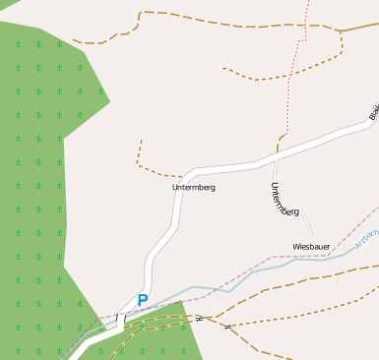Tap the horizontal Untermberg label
193,187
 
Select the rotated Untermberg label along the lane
284,201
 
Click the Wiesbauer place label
311,246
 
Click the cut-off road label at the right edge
374,112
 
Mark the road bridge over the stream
121,320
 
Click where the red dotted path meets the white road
279,150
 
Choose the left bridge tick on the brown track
200,319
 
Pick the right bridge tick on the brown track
227,326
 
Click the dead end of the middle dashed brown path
223,68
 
